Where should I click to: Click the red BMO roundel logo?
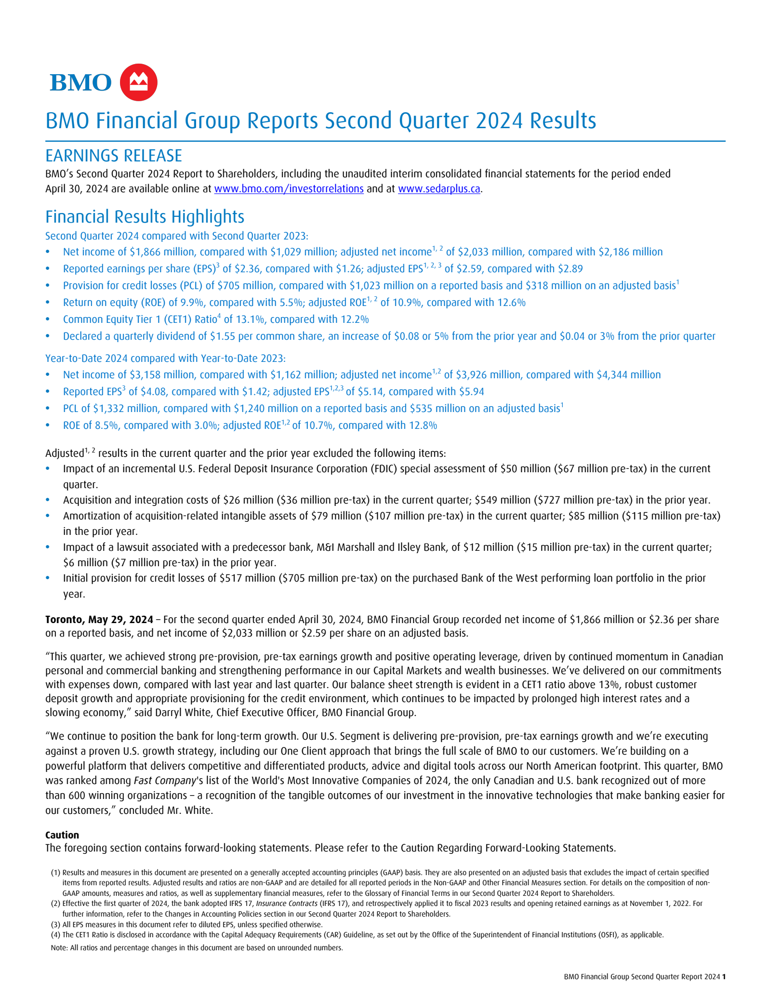coord(138,82)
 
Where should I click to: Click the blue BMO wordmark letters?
coord(80,83)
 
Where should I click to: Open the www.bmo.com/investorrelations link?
coord(289,188)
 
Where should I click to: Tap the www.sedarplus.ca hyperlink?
coord(439,188)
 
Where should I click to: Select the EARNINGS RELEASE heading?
coord(114,156)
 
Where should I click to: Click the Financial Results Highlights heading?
coord(145,217)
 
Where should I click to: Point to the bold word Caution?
coord(62,835)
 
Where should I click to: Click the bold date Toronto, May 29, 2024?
coord(99,619)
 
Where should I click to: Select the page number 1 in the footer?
coord(723,977)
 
